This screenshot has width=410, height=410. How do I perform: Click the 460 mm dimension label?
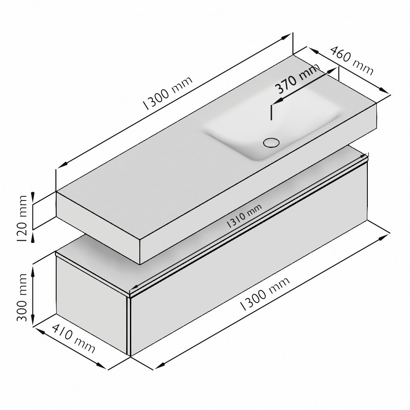(352, 61)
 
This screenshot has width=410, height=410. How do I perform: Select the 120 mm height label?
(22, 219)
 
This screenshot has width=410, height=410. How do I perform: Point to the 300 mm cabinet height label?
(22, 298)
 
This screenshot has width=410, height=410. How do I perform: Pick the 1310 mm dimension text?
(244, 216)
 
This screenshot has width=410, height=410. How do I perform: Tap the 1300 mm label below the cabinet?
(264, 294)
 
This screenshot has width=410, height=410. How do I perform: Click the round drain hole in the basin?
(271, 143)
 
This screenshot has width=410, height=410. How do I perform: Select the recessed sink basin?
(272, 123)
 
